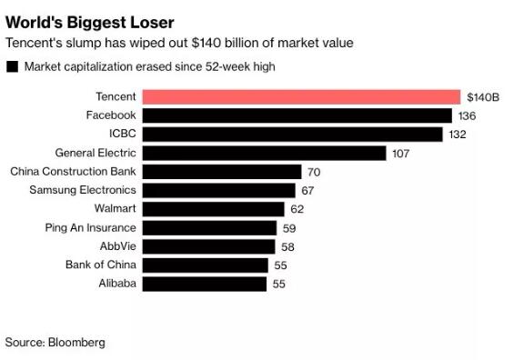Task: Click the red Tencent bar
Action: (301, 97)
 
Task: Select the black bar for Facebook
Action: (297, 115)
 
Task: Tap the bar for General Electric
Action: (265, 153)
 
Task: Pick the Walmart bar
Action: (213, 209)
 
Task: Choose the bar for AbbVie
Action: (208, 246)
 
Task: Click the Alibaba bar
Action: (205, 284)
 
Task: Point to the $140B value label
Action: (483, 97)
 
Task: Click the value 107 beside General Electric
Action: (400, 154)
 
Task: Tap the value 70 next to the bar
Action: (314, 173)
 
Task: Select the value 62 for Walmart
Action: (297, 209)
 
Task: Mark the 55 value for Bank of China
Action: (280, 265)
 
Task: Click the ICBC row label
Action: (123, 134)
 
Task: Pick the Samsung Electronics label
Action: (83, 190)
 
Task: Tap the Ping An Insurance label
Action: (91, 228)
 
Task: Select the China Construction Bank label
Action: (73, 171)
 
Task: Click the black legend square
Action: (12, 66)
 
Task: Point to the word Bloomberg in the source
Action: (76, 343)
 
